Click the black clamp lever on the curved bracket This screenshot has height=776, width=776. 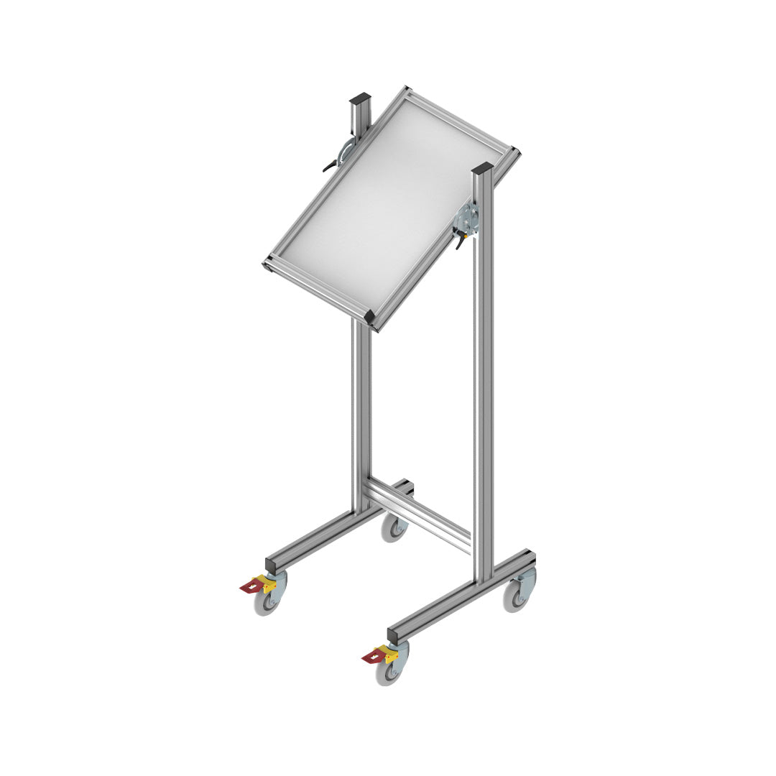pyautogui.click(x=331, y=167)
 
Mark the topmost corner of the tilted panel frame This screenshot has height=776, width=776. pyautogui.click(x=407, y=90)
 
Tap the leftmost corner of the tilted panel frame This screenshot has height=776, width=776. pyautogui.click(x=267, y=264)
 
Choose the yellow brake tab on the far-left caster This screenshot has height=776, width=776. pyautogui.click(x=269, y=585)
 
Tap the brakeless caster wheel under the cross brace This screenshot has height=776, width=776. pyautogui.click(x=394, y=528)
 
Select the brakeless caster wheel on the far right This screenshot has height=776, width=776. pyautogui.click(x=515, y=596)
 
